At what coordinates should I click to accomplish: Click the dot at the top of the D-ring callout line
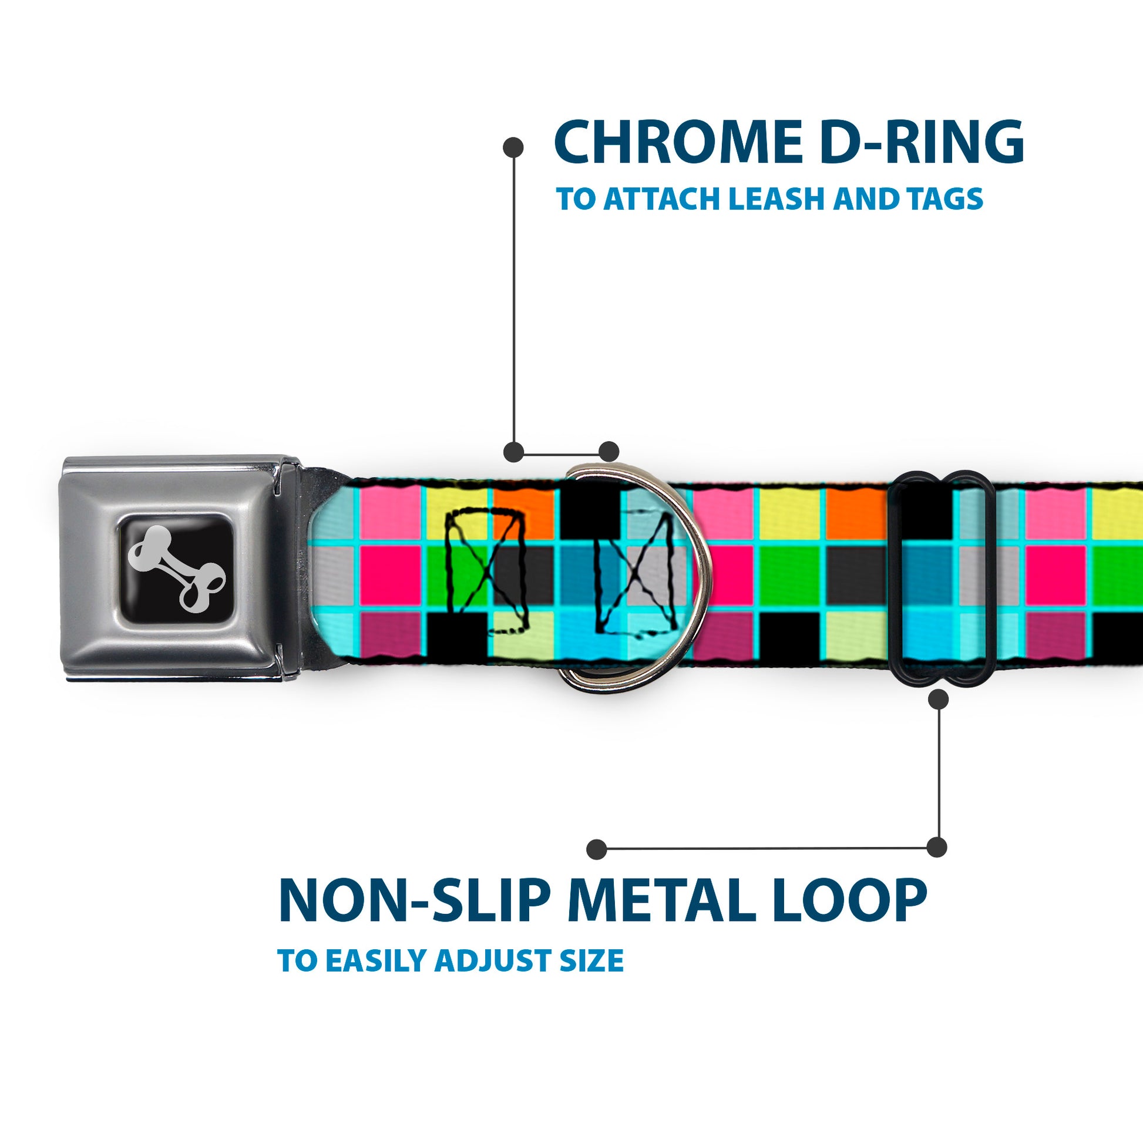(x=513, y=147)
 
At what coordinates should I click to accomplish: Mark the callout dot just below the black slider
(x=938, y=700)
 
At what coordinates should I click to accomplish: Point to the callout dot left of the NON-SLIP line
(x=597, y=849)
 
